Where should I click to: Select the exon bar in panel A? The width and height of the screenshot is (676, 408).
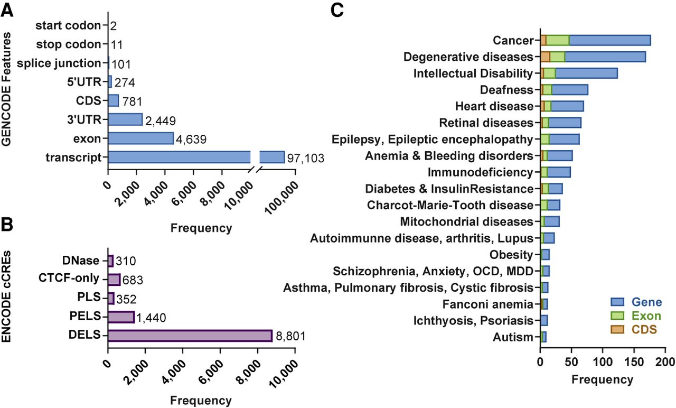click(x=140, y=138)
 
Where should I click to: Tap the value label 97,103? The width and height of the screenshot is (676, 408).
click(x=305, y=158)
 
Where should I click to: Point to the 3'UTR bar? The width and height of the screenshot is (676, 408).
click(x=125, y=119)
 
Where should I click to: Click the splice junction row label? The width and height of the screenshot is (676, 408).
click(x=58, y=63)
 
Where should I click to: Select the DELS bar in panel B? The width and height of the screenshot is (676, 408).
click(x=190, y=336)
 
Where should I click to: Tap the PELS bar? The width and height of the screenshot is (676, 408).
click(x=121, y=317)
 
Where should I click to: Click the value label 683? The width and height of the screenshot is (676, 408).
click(x=134, y=280)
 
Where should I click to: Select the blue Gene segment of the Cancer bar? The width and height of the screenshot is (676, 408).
click(x=609, y=40)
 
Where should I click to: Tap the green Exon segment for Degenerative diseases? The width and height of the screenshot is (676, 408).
click(x=557, y=57)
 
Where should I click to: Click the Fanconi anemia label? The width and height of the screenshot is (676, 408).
click(x=495, y=304)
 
